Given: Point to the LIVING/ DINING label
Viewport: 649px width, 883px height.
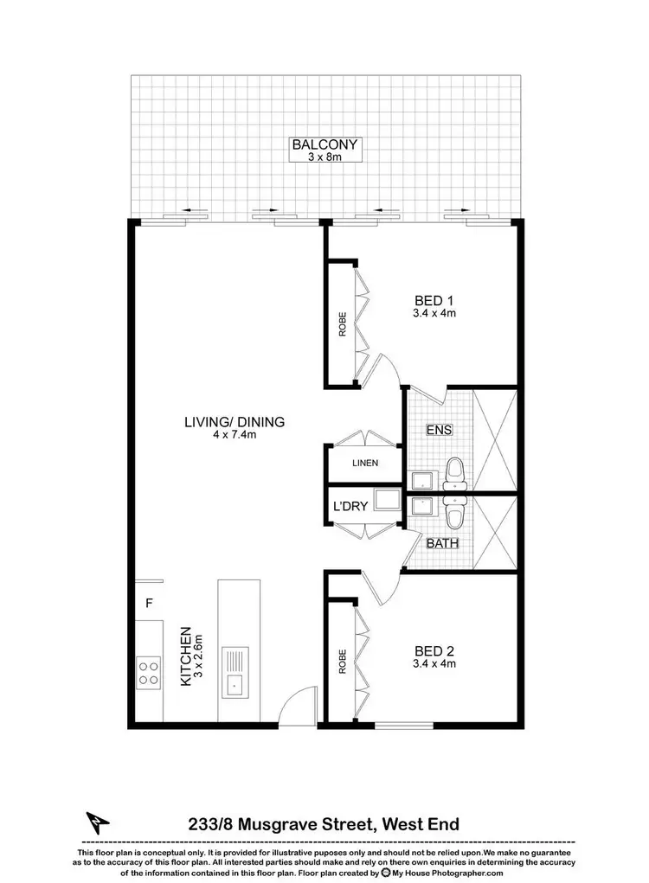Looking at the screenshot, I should [x=235, y=422].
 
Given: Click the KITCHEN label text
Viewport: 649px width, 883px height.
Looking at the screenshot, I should [x=185, y=657].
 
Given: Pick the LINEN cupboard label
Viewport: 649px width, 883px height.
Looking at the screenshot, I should [x=365, y=464].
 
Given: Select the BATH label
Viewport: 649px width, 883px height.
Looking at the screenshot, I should [x=442, y=544].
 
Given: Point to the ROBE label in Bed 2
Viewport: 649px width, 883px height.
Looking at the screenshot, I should [x=343, y=662].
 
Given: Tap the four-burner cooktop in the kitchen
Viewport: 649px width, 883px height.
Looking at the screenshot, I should [x=148, y=672].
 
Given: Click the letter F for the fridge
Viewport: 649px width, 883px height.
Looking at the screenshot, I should [x=149, y=603].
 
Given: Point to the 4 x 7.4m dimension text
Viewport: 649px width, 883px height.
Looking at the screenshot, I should [x=235, y=435].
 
